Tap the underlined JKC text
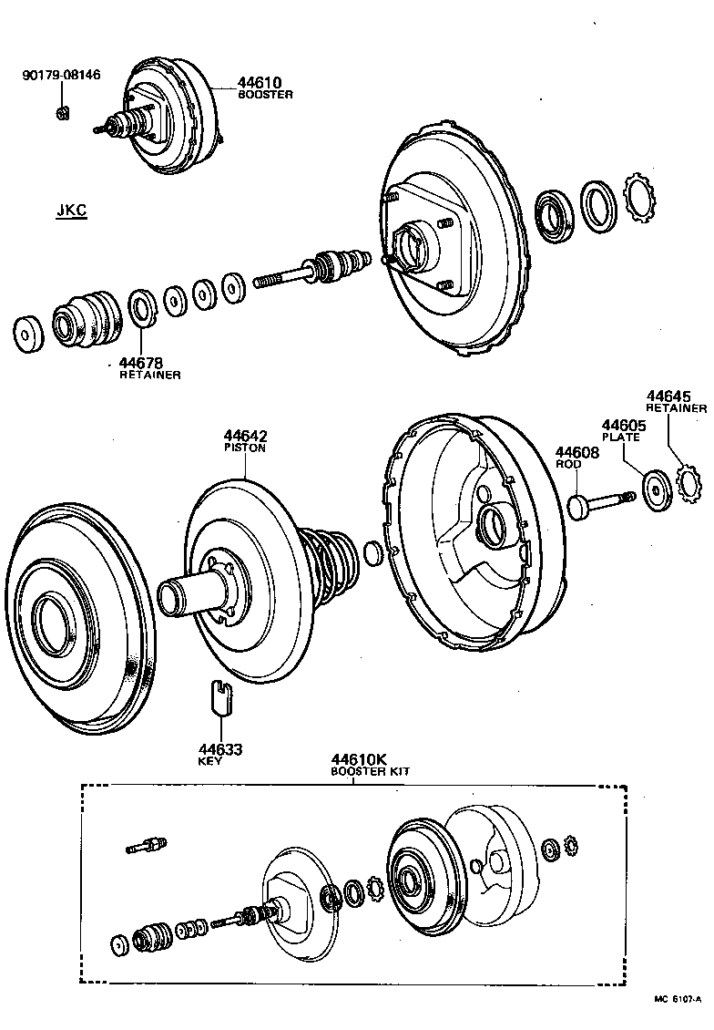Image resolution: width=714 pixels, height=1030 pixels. click(71, 211)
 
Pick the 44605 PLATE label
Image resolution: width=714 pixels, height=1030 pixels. click(623, 430)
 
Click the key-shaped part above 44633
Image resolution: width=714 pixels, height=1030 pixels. click(217, 696)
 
